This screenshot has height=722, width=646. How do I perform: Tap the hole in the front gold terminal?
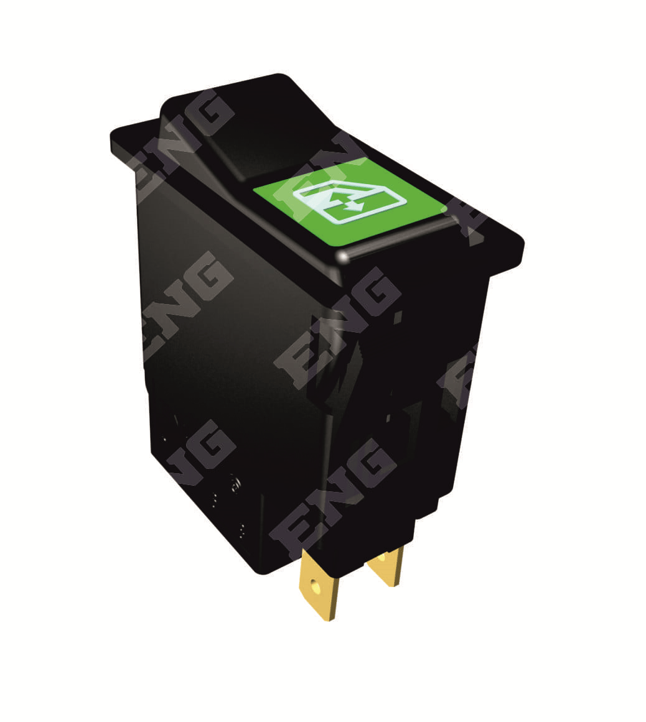point(316,586)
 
